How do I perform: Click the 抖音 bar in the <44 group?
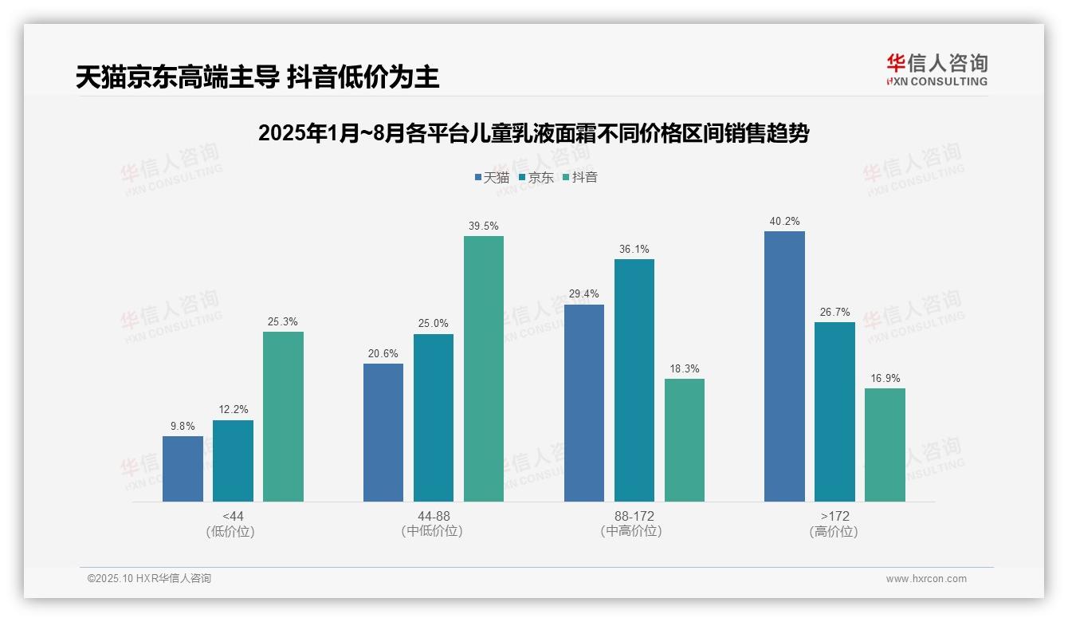pyautogui.click(x=283, y=416)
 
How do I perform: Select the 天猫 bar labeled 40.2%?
pyautogui.click(x=784, y=366)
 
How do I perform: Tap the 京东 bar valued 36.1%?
pyautogui.click(x=634, y=380)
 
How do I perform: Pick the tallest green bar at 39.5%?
pyautogui.click(x=484, y=368)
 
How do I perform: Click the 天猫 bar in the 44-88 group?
pyautogui.click(x=383, y=432)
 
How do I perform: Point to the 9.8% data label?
pyautogui.click(x=183, y=427)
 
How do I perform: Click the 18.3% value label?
pyautogui.click(x=685, y=369)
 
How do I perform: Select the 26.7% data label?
pyautogui.click(x=834, y=313)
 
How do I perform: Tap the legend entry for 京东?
pyautogui.click(x=536, y=177)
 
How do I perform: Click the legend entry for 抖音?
pyautogui.click(x=579, y=177)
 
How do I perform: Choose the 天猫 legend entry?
pyautogui.click(x=491, y=177)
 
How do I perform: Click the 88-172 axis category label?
pyautogui.click(x=634, y=516)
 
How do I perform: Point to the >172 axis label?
pyautogui.click(x=834, y=516)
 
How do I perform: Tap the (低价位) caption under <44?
pyautogui.click(x=233, y=531)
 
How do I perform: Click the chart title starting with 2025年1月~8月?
pyautogui.click(x=533, y=133)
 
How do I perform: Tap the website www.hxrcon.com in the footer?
pyautogui.click(x=926, y=579)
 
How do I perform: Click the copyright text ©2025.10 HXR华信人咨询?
pyautogui.click(x=149, y=579)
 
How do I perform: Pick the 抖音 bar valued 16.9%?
pyautogui.click(x=885, y=444)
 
